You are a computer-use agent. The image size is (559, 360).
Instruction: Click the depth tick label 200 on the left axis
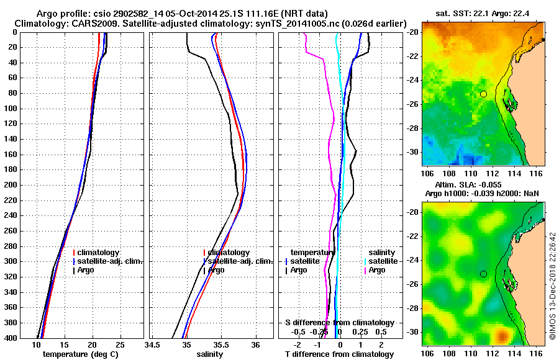[x=12, y=185]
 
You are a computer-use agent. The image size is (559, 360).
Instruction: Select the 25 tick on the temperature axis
[x=120, y=345]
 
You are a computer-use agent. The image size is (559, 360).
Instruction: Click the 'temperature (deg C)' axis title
[x=80, y=354]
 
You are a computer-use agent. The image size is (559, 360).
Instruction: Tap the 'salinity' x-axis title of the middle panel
[x=209, y=354]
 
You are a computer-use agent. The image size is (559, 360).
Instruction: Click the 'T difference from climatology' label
[x=339, y=354]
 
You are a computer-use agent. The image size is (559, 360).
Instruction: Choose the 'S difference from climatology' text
[x=340, y=323]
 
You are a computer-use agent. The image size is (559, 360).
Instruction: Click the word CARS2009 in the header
[x=83, y=23]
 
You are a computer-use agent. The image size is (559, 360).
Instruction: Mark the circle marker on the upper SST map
[x=483, y=94]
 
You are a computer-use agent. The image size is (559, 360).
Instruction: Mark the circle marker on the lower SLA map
[x=483, y=274]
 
